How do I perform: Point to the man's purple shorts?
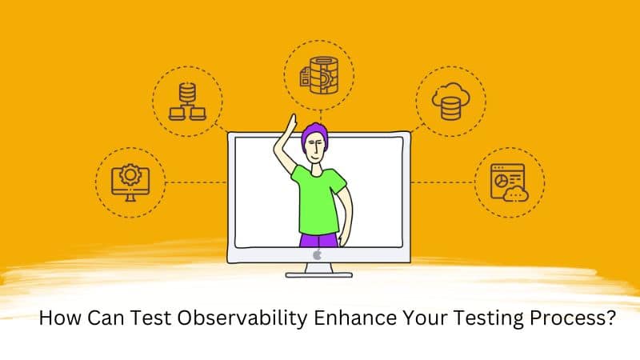(x=320, y=238)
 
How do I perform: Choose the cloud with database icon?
(x=452, y=102)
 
